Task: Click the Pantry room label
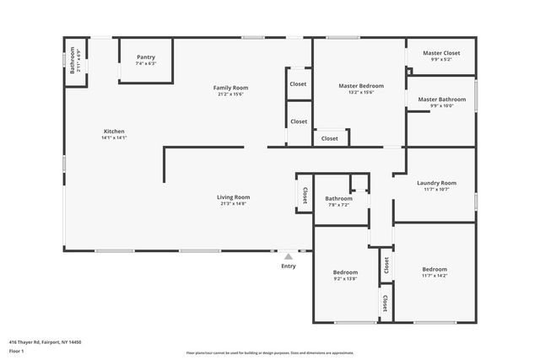point(145,57)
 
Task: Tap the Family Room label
point(229,88)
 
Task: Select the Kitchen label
point(114,132)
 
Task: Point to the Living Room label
point(235,197)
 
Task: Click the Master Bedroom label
point(361,86)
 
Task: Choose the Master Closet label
point(441,53)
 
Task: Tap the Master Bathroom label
point(441,99)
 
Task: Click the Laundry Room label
point(436,183)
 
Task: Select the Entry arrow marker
point(289,256)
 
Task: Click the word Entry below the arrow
point(289,266)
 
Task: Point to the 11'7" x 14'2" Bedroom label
point(435,270)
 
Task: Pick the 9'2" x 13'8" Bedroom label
point(345,272)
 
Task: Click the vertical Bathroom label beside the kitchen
point(73,61)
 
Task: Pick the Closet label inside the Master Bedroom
point(329,138)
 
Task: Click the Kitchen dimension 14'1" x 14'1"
point(114,137)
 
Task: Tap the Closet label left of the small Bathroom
point(305,194)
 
